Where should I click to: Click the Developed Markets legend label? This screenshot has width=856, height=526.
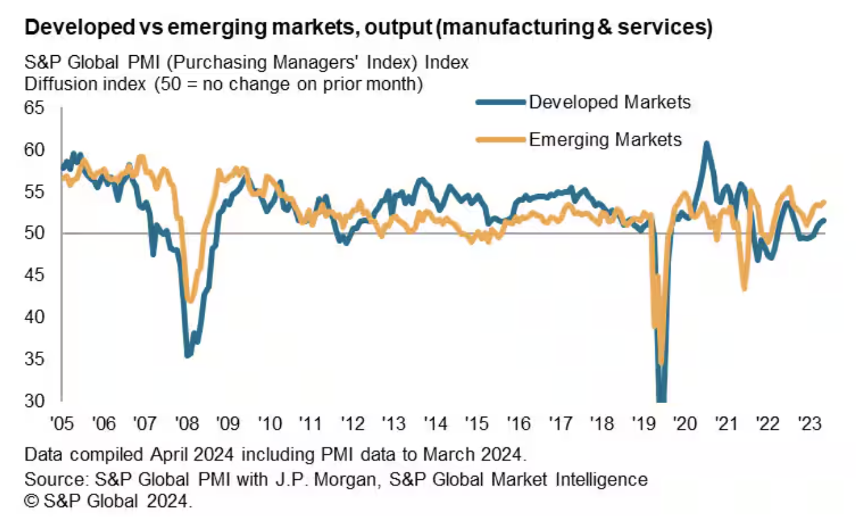point(609,102)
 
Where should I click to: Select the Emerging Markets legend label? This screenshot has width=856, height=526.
point(605,139)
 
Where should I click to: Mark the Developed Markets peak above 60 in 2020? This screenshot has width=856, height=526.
point(706,143)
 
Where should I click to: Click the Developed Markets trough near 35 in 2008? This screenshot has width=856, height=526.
point(188,355)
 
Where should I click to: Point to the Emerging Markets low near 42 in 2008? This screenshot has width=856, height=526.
point(190,300)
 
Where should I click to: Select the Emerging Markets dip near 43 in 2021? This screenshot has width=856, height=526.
point(744,288)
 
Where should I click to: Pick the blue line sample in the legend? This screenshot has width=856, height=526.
point(500,102)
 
